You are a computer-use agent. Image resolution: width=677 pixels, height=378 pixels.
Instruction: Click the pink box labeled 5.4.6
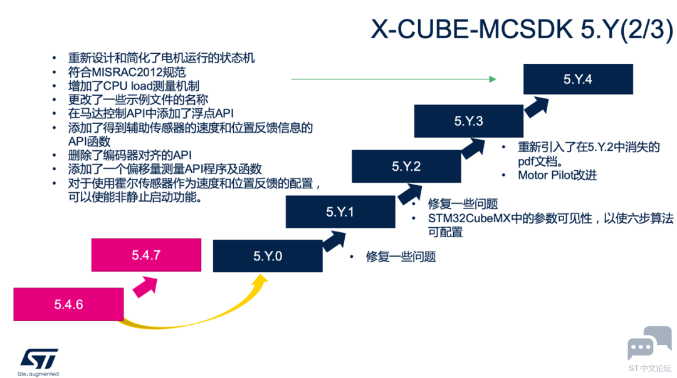tap(69, 304)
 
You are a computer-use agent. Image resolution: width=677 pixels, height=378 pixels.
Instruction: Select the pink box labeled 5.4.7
tap(146, 255)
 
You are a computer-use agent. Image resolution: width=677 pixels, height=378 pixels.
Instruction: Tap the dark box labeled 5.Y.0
tap(268, 256)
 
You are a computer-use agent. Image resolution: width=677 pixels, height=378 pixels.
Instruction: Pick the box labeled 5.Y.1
tap(340, 212)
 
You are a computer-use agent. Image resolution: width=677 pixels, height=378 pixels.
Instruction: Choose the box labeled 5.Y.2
tap(406, 166)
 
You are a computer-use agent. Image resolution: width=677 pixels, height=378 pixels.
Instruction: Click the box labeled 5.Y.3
tap(468, 121)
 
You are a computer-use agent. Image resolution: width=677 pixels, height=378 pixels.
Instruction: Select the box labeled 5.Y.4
tap(578, 79)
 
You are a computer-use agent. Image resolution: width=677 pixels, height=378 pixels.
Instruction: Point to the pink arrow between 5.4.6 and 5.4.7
tap(145, 287)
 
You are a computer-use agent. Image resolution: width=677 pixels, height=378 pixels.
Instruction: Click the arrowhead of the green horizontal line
tap(493, 79)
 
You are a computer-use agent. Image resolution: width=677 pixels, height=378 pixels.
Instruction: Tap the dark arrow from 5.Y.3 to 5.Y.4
tap(537, 107)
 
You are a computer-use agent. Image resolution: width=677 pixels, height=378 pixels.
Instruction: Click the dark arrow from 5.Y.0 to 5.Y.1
tap(333, 242)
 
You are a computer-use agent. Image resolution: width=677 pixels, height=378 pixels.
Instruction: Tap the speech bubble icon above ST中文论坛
tap(650, 343)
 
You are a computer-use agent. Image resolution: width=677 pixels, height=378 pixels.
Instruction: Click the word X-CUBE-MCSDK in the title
tap(472, 29)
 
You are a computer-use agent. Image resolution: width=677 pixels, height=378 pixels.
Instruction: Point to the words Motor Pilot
tap(546, 175)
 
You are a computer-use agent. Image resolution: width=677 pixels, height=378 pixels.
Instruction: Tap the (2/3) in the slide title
tap(646, 30)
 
